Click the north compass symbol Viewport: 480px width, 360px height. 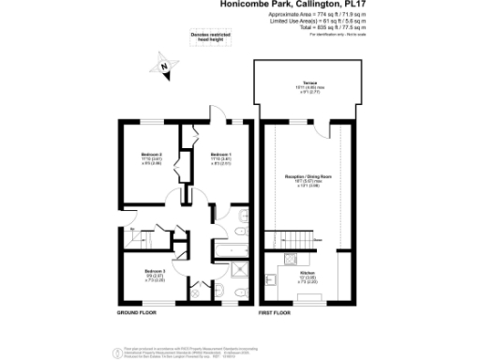point(164,67)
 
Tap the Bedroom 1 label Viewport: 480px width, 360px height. point(220,154)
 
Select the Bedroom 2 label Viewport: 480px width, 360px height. point(152,154)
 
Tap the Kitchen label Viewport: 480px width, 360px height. point(308,273)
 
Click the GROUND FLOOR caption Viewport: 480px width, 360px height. point(137,310)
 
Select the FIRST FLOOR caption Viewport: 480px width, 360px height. point(278,310)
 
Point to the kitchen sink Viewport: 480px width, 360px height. point(271,279)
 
